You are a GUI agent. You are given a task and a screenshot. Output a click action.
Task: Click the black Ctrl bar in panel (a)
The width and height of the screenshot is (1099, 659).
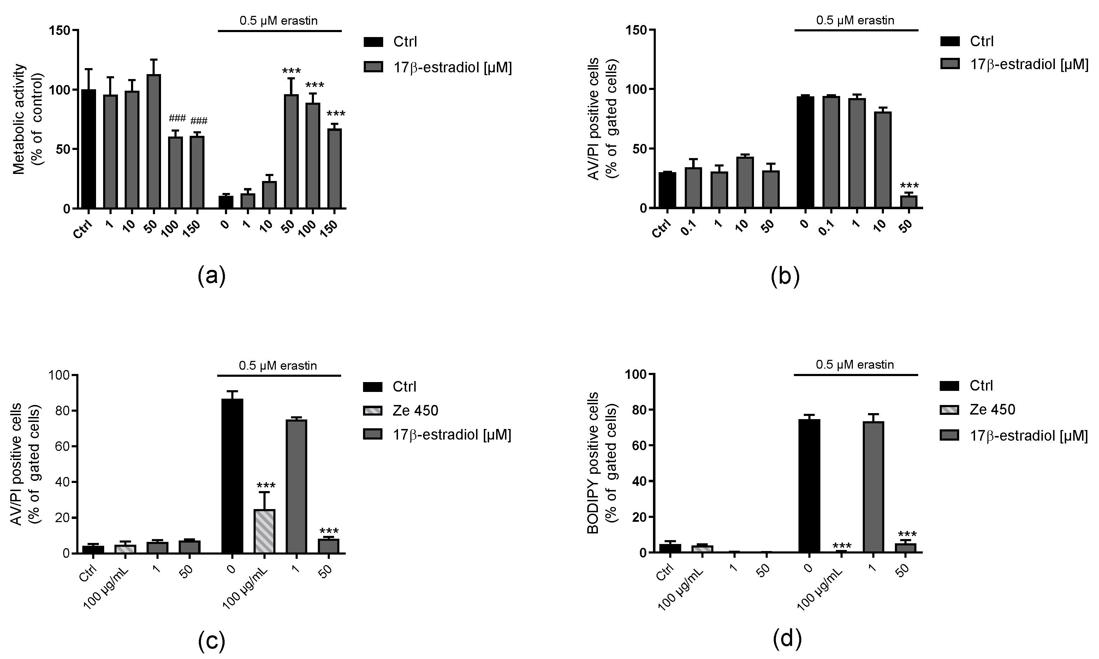[x=89, y=149]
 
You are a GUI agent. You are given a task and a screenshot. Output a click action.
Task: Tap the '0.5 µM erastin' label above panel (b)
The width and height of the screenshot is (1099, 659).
[x=855, y=20]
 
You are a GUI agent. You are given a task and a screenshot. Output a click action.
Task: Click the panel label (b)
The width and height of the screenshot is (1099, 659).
[x=785, y=276]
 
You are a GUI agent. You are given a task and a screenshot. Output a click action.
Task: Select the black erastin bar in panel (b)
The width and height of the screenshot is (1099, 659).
[x=805, y=152]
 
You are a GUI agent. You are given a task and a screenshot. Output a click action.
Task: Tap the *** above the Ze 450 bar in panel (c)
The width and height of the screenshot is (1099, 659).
[x=266, y=486]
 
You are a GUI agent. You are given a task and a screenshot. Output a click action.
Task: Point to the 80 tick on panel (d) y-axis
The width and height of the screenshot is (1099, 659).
[x=638, y=410]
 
